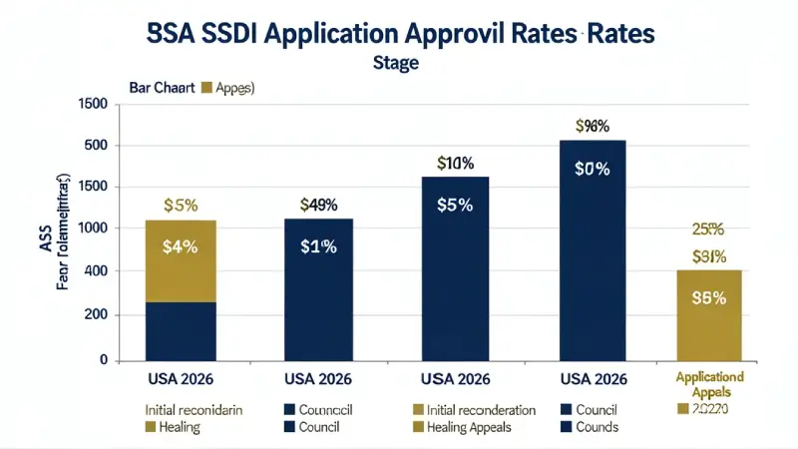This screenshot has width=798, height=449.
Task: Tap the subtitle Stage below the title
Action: point(396,63)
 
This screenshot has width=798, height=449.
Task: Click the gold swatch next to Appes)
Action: point(207,88)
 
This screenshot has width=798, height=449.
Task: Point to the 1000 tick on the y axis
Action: point(91,228)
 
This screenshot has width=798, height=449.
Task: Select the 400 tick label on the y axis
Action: point(94,271)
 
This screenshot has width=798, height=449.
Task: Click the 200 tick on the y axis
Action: point(94,315)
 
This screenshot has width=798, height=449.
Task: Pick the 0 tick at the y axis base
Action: point(103,359)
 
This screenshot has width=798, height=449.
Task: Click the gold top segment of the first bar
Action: point(181,260)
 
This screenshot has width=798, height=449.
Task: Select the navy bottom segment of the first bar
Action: point(181,330)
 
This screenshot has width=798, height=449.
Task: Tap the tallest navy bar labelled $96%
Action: point(592,249)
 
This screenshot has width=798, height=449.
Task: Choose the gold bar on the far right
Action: point(709,314)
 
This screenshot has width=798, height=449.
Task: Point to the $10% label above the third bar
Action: point(455,163)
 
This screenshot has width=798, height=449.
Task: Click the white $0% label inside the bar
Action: point(592,169)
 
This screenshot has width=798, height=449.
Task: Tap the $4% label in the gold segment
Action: point(181,247)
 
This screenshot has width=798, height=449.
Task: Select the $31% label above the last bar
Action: point(708,256)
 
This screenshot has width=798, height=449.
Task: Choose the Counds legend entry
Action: point(596,427)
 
